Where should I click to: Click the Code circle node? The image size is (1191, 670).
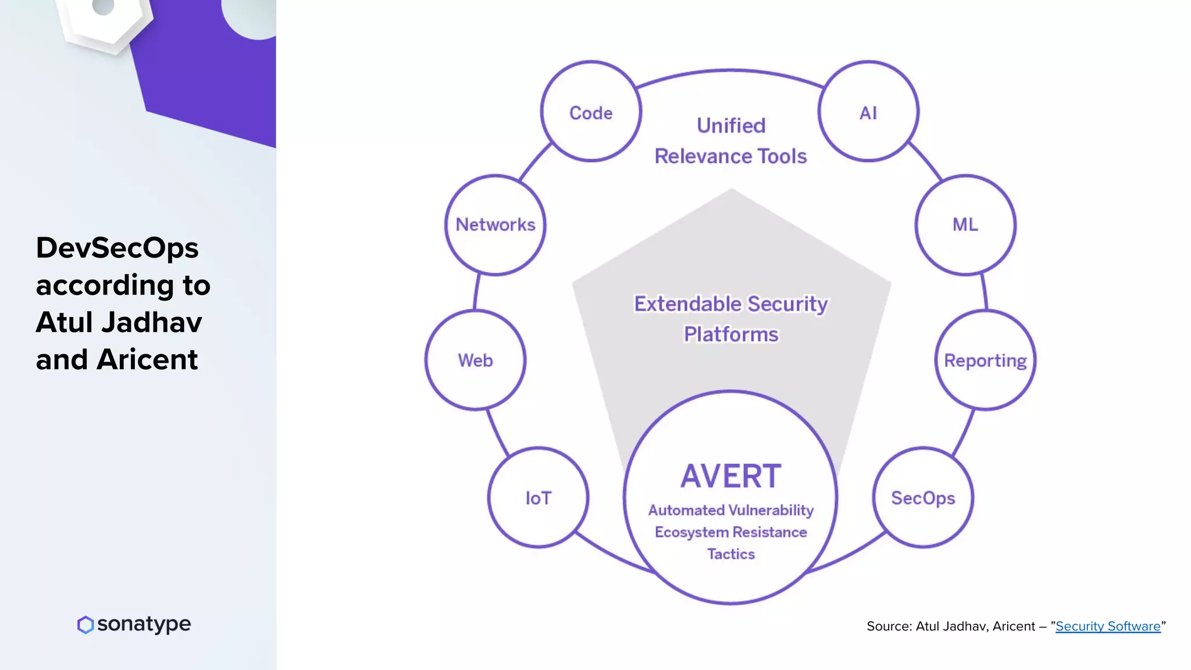point(591,112)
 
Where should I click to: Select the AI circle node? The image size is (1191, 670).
point(868,112)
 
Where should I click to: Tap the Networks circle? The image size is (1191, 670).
point(495,224)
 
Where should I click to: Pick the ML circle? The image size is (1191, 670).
point(965,224)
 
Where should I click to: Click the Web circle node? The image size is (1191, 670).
point(475,360)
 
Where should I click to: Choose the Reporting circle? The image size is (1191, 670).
point(985,360)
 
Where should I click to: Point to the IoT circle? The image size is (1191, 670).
point(538,498)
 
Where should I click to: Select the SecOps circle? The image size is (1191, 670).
point(923,498)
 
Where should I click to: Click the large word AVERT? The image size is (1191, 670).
point(730,476)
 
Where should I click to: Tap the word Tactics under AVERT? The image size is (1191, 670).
point(730,554)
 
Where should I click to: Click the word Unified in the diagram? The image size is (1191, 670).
point(731,126)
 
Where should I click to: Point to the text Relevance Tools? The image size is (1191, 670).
point(730,156)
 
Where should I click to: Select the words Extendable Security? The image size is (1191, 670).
point(730,304)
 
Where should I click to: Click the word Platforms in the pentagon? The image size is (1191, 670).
point(730,334)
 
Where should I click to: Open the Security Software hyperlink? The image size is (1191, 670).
point(1107,626)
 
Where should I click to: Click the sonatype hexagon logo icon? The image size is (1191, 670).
point(85,625)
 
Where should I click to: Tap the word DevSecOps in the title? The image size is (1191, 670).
point(117,248)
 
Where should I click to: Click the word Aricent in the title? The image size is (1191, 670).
point(147,359)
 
